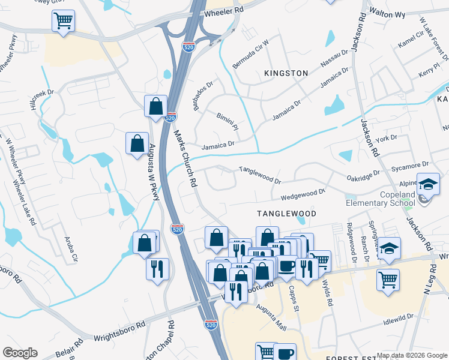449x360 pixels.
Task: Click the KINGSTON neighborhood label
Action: coord(286,73)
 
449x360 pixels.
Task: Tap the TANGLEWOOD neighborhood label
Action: coord(286,214)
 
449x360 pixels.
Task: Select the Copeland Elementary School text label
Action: coord(381,199)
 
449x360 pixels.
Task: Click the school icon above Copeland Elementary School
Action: coord(429,184)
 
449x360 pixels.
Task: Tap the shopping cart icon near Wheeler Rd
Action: coord(63,22)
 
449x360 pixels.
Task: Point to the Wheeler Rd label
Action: coord(224,11)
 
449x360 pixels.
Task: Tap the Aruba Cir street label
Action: coord(71,250)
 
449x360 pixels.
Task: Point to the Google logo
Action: coord(20,353)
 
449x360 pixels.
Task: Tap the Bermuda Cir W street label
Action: coord(250,55)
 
